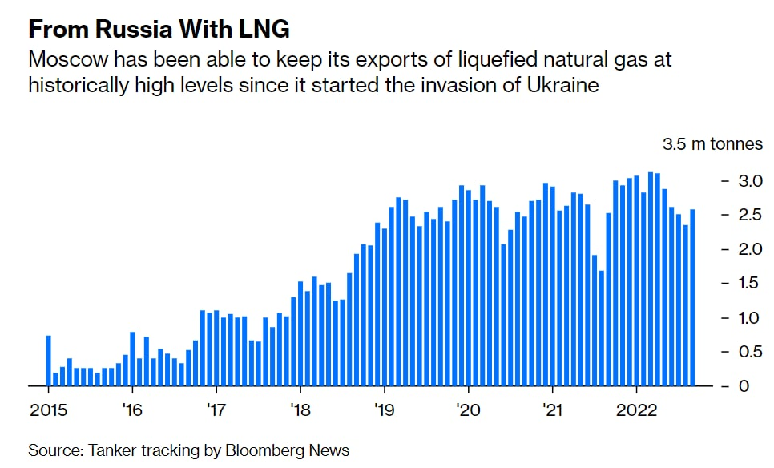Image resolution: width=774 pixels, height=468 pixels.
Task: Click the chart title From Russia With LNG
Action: (x=159, y=30)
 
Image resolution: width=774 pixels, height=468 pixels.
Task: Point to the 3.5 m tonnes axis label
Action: (x=712, y=144)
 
